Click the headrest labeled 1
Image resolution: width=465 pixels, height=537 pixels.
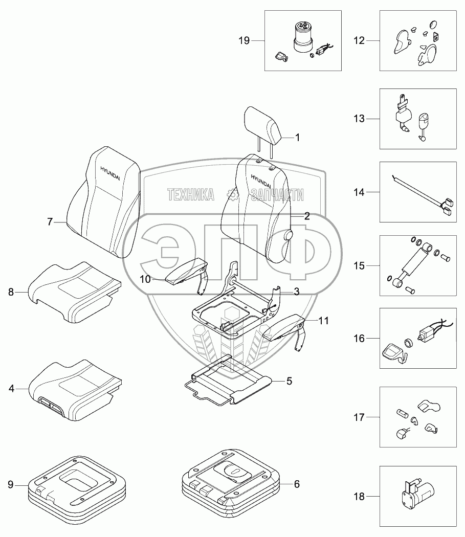pyautogui.click(x=264, y=126)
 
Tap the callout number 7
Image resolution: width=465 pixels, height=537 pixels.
pyautogui.click(x=50, y=222)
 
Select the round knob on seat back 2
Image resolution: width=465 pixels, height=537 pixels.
pyautogui.click(x=289, y=235)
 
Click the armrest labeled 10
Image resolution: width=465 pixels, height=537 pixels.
pyautogui.click(x=185, y=273)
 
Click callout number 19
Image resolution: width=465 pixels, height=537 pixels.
pyautogui.click(x=243, y=40)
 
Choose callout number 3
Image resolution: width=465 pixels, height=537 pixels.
pyautogui.click(x=296, y=292)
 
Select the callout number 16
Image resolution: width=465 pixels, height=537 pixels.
pyautogui.click(x=360, y=338)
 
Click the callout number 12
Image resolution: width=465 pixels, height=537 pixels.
pyautogui.click(x=360, y=40)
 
